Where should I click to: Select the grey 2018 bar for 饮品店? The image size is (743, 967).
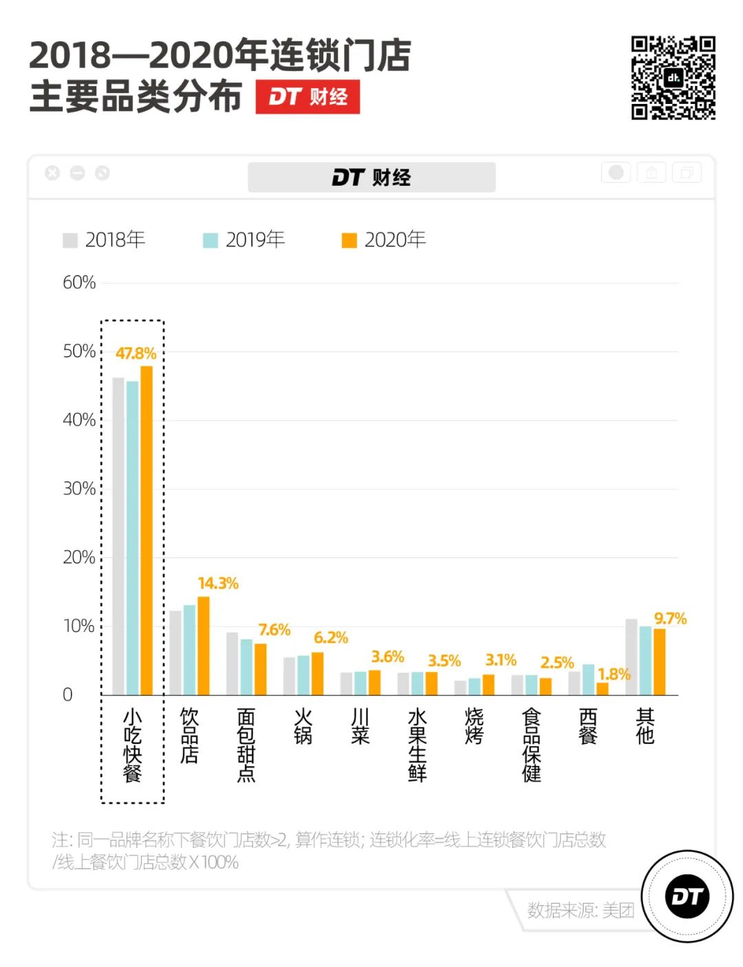point(175,652)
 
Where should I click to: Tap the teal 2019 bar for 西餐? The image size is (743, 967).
point(588,679)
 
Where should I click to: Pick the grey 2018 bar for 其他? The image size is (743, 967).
point(631,657)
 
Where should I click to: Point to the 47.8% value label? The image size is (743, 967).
point(136,353)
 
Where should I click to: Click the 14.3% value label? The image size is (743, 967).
point(218,583)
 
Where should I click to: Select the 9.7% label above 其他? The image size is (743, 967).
point(670,618)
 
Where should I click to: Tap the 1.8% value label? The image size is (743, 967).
point(614,674)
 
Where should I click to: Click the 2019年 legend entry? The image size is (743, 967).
point(244,240)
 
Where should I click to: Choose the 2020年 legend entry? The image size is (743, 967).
point(384,240)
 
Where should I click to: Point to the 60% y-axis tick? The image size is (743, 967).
point(79,282)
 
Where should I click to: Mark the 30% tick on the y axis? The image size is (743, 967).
point(79,489)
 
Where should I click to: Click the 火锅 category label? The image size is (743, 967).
point(303,726)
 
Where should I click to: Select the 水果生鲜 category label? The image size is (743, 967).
point(417,745)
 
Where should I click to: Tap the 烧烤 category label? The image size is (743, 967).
point(474,726)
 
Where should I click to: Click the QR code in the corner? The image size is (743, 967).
point(673,78)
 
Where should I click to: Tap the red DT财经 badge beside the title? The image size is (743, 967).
point(308,97)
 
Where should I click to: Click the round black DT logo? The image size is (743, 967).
point(687,896)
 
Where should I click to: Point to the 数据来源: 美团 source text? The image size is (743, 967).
point(581,910)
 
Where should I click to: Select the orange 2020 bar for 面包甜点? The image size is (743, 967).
point(260,669)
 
